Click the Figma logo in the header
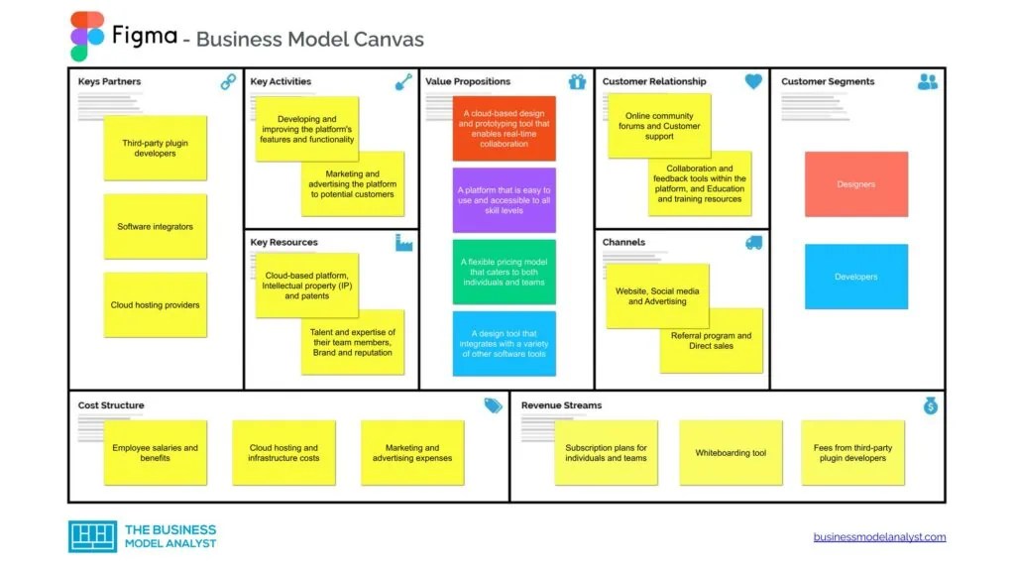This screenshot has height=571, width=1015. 87,37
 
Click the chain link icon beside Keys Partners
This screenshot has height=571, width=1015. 228,82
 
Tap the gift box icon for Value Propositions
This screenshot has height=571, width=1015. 577,82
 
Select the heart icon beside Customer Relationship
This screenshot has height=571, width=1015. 753,82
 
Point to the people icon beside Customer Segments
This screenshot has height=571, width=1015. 928,82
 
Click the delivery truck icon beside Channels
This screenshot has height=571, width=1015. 753,242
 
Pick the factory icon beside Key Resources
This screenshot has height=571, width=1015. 403,242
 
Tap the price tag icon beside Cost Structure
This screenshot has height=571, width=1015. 493,405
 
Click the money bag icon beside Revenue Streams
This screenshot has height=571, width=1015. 930,405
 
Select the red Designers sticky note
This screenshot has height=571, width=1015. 855,184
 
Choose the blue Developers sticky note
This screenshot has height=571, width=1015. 855,277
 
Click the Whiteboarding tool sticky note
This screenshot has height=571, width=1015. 731,453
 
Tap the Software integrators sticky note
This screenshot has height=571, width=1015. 156,227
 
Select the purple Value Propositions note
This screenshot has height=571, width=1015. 505,200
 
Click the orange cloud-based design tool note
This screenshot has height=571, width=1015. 505,129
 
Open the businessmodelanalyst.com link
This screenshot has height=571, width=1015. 879,537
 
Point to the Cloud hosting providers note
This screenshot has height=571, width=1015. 156,305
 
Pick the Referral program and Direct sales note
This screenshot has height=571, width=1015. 712,341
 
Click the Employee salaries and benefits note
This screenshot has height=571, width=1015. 156,453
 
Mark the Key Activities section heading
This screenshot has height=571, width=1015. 281,81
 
